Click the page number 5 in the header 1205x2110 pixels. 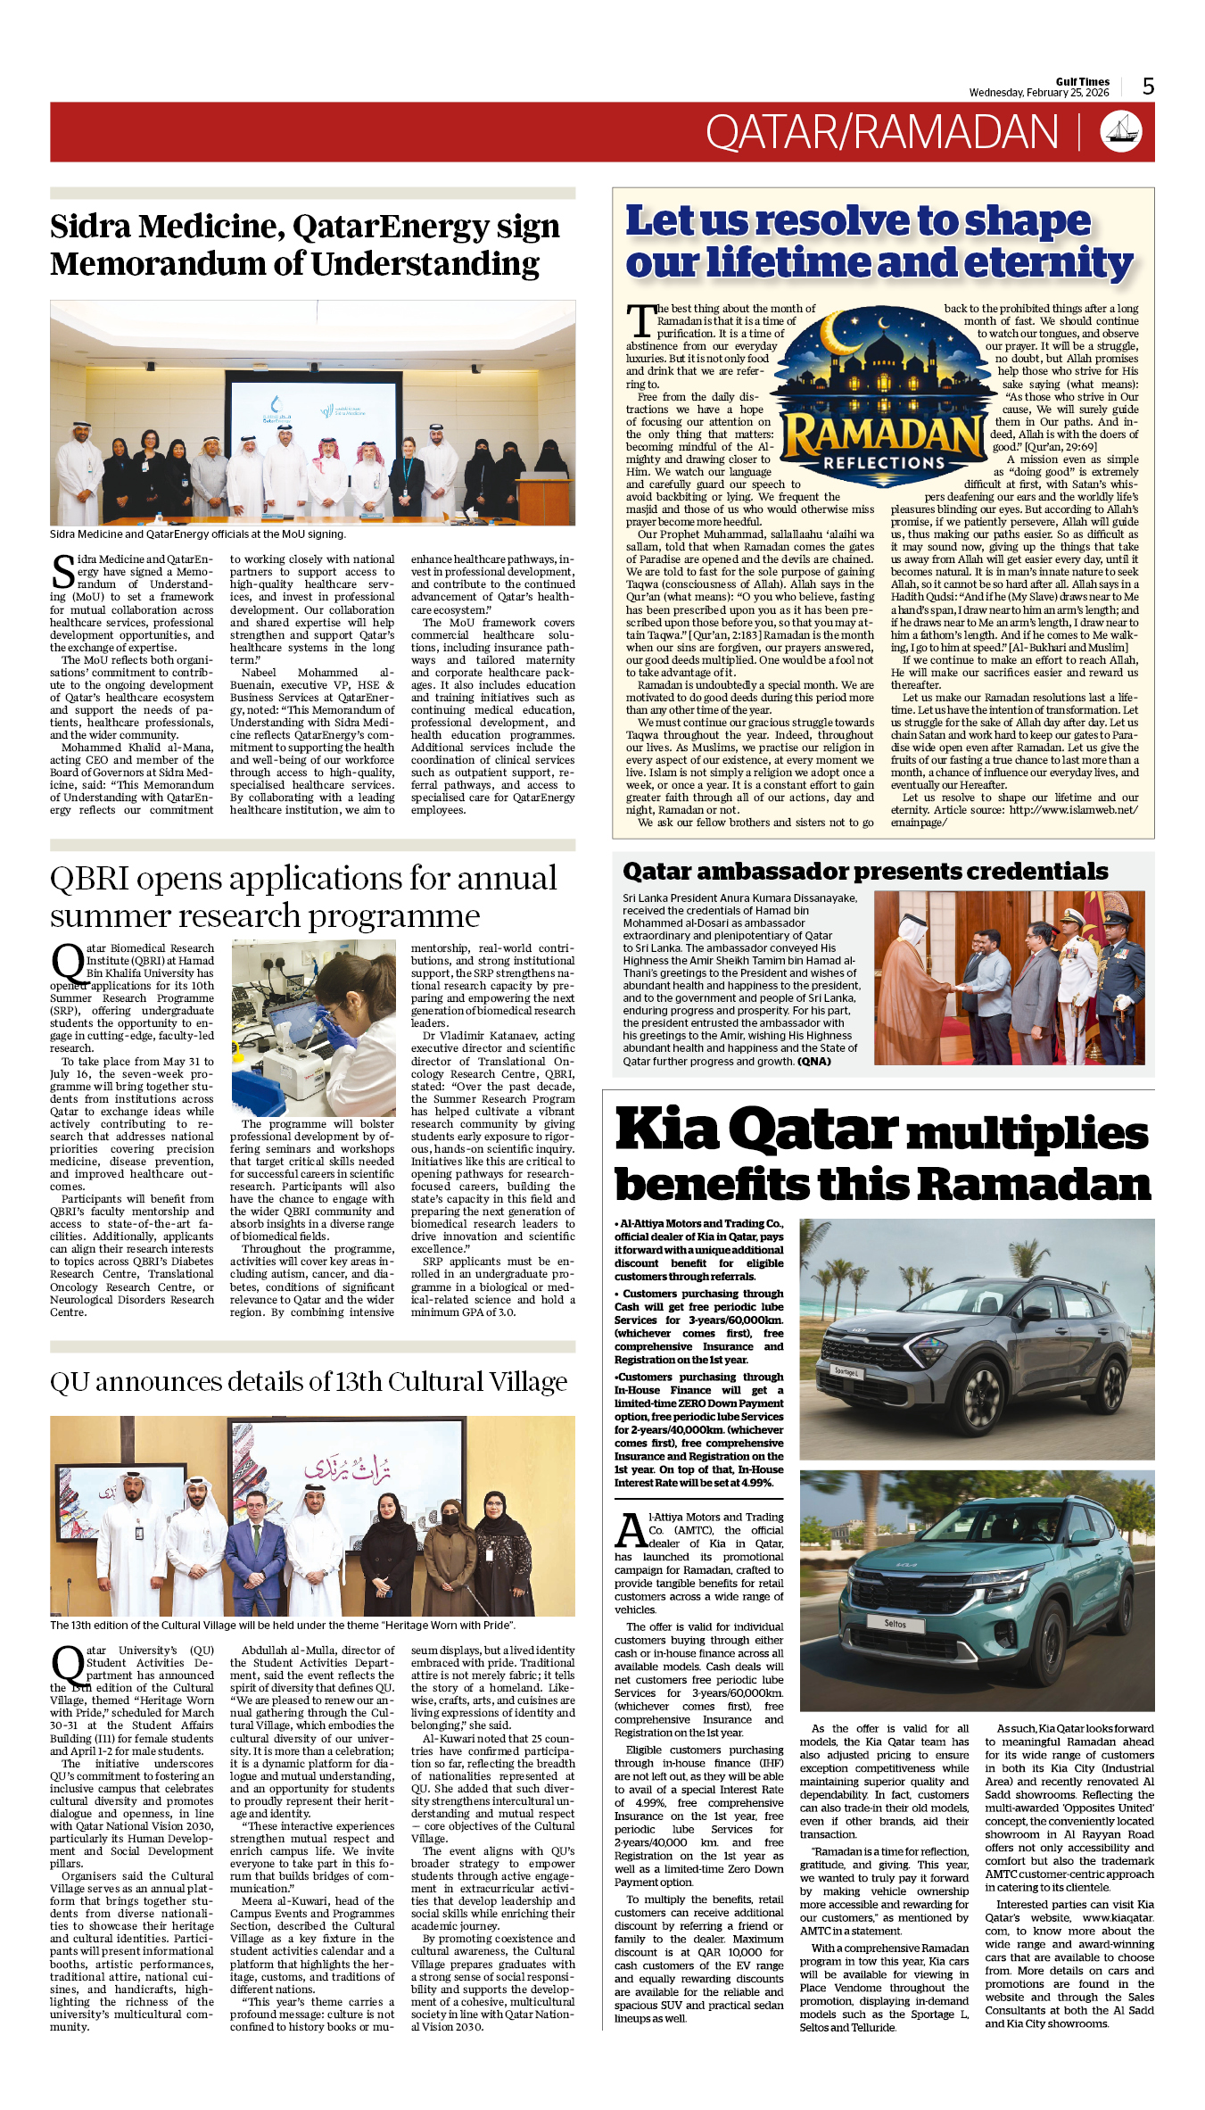(1148, 87)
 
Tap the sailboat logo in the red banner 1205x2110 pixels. (1121, 131)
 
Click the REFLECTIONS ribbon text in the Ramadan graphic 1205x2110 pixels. (883, 463)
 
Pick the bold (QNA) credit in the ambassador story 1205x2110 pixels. (813, 1062)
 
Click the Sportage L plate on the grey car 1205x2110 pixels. (846, 1371)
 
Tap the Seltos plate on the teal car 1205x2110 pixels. (895, 1624)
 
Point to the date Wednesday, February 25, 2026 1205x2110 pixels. (1038, 93)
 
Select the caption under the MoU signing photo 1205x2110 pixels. (197, 534)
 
